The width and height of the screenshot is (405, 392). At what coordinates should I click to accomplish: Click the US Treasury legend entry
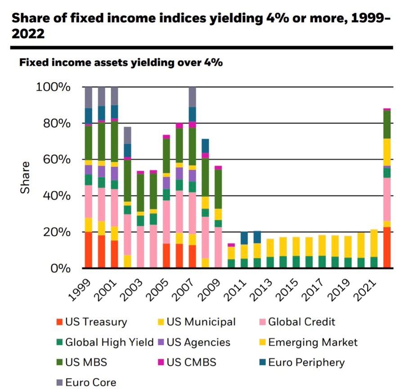tap(96, 322)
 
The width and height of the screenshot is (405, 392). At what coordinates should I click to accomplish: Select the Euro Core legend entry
tap(90, 383)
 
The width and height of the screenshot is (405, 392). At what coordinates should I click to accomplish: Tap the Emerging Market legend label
tap(313, 342)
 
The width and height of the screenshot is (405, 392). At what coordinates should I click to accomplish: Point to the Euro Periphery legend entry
tap(306, 362)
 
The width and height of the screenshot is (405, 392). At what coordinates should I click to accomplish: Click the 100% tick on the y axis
tap(53, 87)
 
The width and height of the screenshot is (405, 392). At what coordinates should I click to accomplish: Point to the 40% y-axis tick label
tap(56, 196)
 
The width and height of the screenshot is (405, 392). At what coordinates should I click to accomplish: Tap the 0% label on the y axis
tap(60, 269)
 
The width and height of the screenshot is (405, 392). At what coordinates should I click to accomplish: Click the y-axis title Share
tap(25, 177)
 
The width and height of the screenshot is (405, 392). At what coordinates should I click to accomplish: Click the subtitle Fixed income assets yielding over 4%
tap(121, 63)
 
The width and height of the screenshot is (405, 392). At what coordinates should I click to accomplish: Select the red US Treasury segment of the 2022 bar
tap(387, 248)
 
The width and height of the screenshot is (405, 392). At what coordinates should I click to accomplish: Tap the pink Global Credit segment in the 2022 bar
tap(387, 199)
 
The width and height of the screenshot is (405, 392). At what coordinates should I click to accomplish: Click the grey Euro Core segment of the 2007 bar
tap(192, 97)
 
